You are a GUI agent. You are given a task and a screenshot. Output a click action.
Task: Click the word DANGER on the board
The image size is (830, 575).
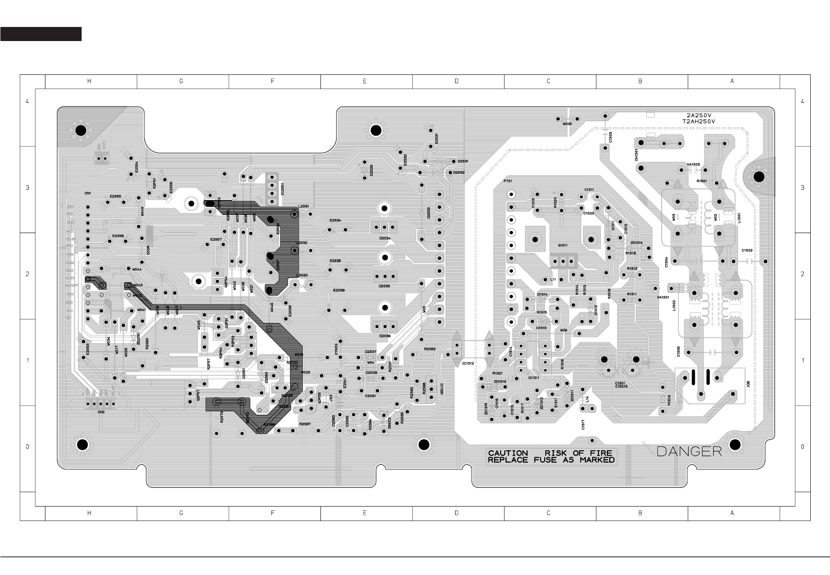click(x=689, y=451)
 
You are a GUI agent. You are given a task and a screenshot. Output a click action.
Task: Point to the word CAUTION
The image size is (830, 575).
click(x=508, y=453)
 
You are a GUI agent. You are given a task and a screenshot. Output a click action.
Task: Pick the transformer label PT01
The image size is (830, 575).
click(x=508, y=181)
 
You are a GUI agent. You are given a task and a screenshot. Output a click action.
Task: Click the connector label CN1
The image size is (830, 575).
click(x=88, y=193)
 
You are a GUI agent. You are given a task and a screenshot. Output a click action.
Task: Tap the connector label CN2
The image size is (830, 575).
click(x=101, y=412)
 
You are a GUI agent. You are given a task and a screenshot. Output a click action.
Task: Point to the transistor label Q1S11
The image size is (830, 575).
click(x=563, y=245)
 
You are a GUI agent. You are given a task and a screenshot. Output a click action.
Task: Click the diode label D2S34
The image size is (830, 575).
click(x=384, y=238)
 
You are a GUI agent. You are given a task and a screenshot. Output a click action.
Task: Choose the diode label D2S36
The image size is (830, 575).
click(x=384, y=336)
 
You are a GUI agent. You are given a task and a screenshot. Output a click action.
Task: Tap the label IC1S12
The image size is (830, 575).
click(x=468, y=363)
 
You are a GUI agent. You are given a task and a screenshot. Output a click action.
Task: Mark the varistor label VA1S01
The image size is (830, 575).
click(x=663, y=297)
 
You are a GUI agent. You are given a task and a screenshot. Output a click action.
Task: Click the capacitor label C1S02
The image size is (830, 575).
click(x=747, y=250)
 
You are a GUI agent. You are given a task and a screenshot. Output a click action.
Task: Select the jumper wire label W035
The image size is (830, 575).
click(x=567, y=124)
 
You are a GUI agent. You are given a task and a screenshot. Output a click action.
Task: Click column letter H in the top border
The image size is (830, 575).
click(x=89, y=81)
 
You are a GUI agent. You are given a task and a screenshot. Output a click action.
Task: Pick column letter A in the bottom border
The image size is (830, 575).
click(x=732, y=513)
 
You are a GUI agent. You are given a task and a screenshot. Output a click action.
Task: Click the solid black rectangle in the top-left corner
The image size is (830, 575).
click(x=41, y=34)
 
